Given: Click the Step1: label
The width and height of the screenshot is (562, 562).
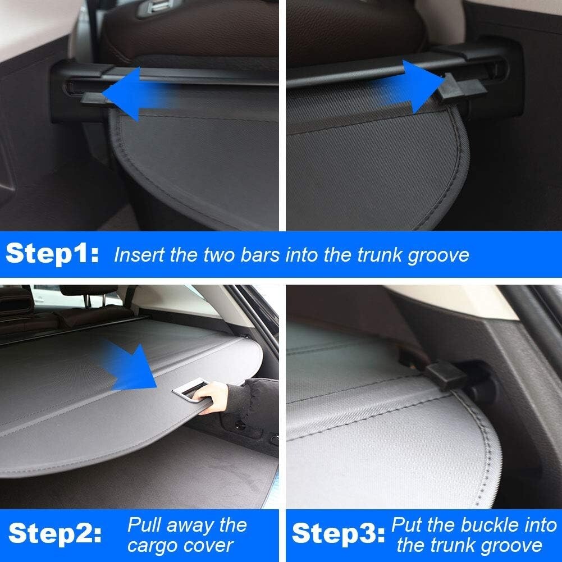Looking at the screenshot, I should pyautogui.click(x=52, y=254).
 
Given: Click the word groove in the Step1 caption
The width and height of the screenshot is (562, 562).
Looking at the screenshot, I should pyautogui.click(x=437, y=255).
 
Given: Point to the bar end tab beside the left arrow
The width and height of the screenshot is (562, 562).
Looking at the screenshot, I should pyautogui.click(x=93, y=99).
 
